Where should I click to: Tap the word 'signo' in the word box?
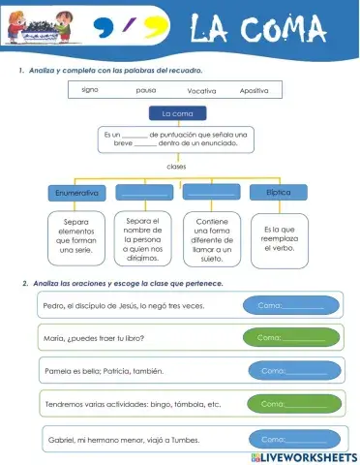coord(90,89)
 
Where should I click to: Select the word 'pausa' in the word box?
coord(146,90)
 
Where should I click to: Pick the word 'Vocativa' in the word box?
coord(201,90)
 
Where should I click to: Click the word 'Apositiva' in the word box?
coord(255,90)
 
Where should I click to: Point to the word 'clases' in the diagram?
coord(176,166)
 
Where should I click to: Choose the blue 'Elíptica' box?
coord(279,193)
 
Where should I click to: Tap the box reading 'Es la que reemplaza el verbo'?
coord(279,240)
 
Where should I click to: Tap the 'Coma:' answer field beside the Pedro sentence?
coord(292,306)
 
